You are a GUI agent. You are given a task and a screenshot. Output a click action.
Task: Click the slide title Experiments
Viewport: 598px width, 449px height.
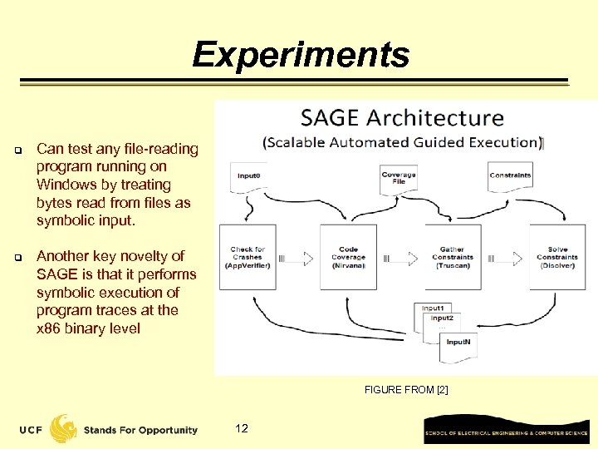(x=301, y=55)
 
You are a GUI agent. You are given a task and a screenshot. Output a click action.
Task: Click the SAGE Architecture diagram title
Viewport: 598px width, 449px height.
(x=402, y=118)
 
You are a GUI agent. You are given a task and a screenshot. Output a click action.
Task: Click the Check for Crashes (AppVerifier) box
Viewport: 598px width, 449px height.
(x=248, y=257)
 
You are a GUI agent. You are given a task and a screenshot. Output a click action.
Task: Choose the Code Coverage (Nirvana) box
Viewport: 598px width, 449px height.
(x=348, y=257)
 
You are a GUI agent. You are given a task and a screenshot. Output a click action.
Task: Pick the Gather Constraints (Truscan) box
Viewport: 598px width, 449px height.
(x=452, y=257)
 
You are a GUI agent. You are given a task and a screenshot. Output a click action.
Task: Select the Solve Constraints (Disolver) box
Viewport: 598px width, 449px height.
(x=557, y=257)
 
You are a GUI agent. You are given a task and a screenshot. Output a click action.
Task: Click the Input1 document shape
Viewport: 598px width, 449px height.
(x=432, y=308)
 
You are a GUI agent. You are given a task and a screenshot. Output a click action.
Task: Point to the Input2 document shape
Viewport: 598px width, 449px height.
(x=442, y=318)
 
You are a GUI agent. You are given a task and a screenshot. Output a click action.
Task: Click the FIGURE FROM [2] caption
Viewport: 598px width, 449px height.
(x=406, y=389)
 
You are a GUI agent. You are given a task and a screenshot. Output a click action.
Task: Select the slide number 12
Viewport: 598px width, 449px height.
(x=242, y=428)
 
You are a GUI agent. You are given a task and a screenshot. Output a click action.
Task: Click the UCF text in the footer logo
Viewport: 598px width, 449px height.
(x=32, y=430)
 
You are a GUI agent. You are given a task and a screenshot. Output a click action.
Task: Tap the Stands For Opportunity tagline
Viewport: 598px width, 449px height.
(x=140, y=430)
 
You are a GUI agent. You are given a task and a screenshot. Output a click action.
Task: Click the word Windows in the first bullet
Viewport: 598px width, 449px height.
(x=62, y=185)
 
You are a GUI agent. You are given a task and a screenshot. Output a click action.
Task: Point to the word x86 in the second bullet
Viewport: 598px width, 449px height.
(x=49, y=328)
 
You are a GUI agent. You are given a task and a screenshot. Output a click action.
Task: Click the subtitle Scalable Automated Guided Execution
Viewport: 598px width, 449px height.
(x=402, y=142)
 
